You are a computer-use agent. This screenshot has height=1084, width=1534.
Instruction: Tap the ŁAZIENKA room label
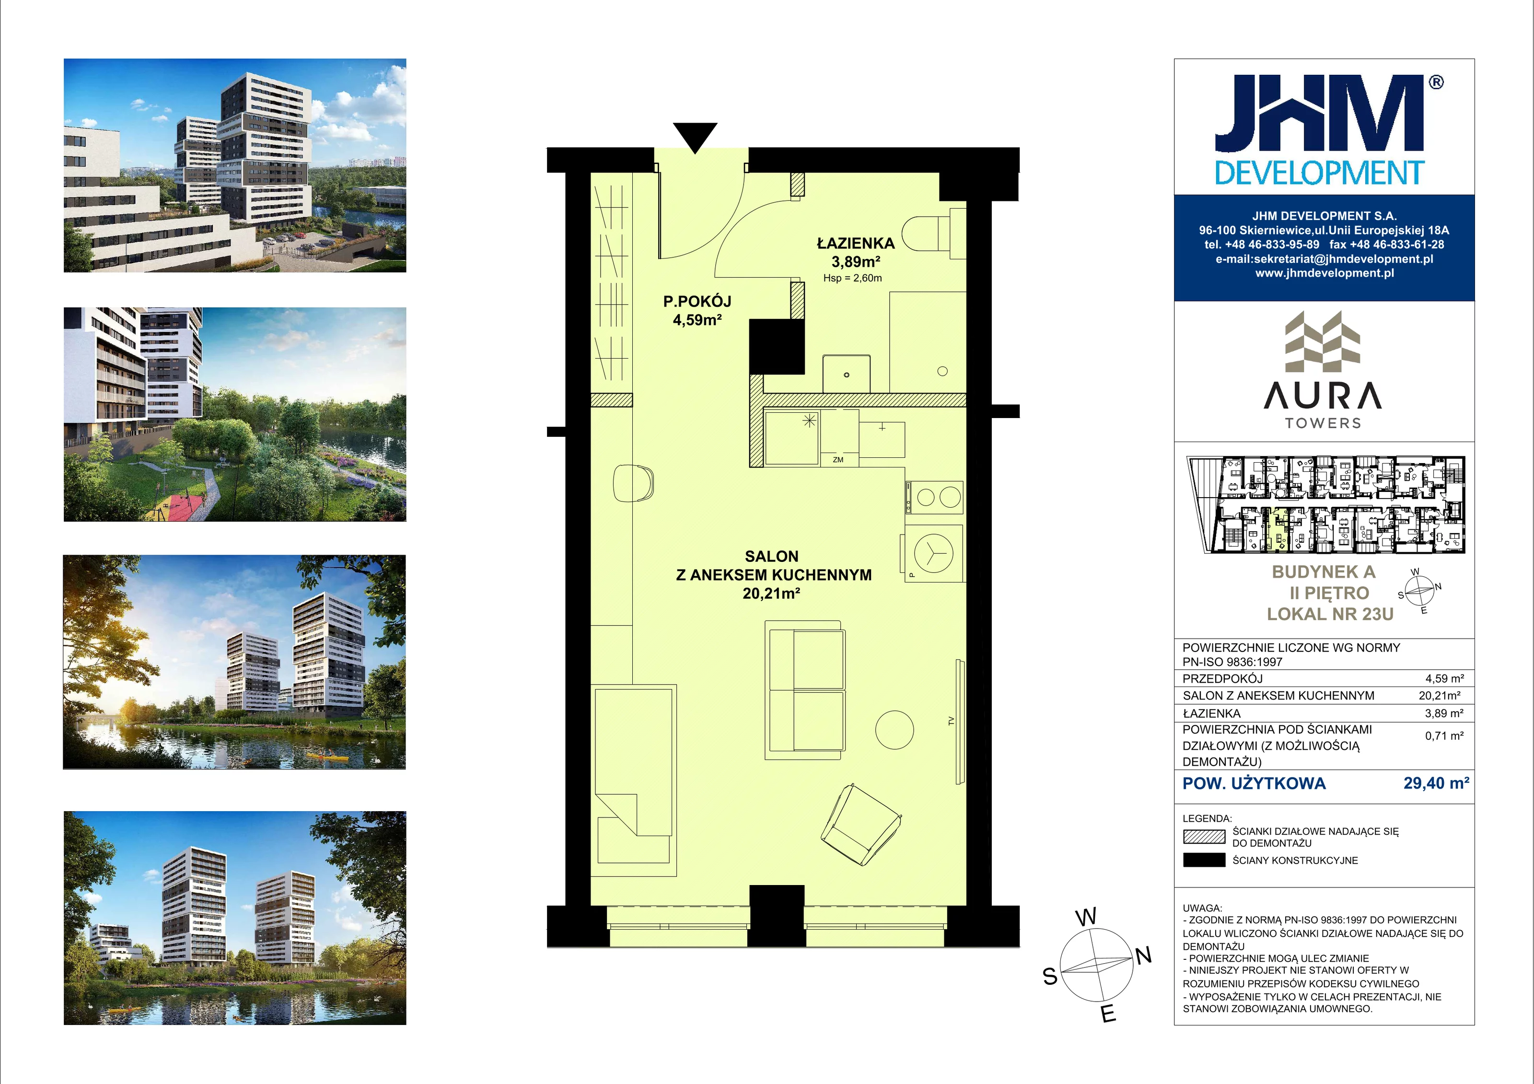point(855,243)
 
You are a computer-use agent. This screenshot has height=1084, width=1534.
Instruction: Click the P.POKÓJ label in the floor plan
point(697,302)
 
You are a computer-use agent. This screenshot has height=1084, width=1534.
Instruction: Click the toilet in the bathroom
point(933,233)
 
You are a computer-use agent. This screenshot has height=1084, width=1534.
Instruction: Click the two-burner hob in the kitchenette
point(934,497)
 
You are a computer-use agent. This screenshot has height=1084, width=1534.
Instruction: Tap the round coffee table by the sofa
point(894,729)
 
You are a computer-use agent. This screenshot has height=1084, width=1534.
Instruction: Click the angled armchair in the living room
point(861,825)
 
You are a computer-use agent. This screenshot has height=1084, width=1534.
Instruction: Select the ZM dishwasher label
point(838,460)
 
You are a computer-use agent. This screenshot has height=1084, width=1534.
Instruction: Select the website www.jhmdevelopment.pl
point(1324,273)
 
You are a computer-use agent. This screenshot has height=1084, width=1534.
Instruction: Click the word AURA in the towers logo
point(1323,395)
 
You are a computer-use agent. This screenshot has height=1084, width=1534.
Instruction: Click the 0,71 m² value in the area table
point(1444,736)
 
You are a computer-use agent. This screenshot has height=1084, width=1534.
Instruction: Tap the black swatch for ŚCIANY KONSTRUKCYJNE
point(1204,860)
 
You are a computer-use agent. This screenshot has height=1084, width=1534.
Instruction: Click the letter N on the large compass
point(1144,956)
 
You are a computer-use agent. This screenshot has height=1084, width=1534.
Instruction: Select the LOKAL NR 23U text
point(1330,614)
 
